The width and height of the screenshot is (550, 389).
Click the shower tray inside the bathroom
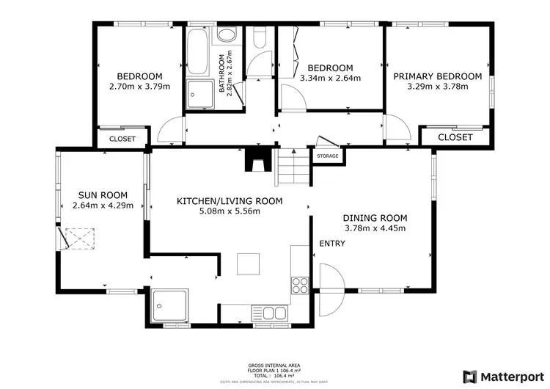point(198,95)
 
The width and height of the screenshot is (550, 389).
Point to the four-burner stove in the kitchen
point(299,285)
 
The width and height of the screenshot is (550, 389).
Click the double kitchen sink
point(274,313)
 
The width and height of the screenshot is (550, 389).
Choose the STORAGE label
point(328,156)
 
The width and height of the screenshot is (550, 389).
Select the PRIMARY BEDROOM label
point(437,76)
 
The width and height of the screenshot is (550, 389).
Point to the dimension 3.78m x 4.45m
point(375,228)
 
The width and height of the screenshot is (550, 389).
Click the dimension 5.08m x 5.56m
point(230,211)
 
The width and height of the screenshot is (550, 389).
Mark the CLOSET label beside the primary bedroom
point(455,137)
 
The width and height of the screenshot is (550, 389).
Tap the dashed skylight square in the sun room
point(77,239)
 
